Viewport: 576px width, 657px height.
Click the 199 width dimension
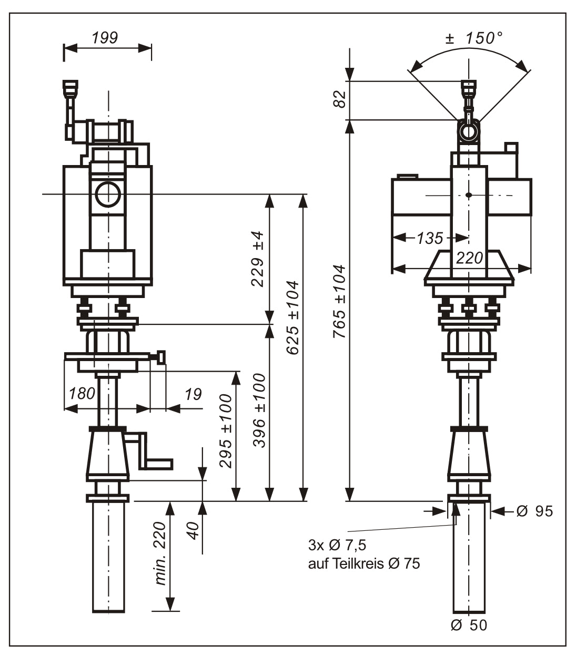105,38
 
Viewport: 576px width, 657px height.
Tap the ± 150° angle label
474,38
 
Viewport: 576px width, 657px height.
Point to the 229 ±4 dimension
257,258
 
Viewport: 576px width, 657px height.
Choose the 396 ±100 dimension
259,410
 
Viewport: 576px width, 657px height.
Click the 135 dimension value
430,238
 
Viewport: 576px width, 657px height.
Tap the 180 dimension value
83,393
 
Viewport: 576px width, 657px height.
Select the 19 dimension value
193,394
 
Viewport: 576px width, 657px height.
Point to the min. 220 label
160,553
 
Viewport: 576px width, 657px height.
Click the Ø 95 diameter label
534,511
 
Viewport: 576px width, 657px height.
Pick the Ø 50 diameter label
469,625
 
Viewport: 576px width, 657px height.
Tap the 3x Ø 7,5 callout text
337,544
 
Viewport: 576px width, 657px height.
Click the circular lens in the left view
108,194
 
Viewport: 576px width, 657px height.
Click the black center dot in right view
469,196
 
